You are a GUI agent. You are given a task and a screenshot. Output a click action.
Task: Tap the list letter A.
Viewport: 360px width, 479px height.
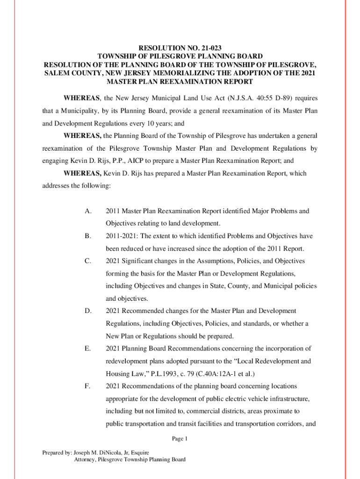(x=88, y=211)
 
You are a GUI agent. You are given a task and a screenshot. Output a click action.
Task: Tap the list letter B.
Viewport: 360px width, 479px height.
(x=88, y=236)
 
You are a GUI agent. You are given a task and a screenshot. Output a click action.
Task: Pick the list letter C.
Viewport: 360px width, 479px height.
(x=88, y=261)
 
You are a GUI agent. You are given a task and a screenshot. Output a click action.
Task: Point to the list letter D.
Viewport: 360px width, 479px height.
(x=88, y=311)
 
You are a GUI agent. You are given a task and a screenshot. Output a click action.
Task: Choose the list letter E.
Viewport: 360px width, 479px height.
(x=88, y=348)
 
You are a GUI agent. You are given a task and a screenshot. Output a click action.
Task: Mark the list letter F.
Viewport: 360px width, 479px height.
(x=88, y=386)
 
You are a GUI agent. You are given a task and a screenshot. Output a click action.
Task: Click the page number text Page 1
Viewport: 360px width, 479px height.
(x=180, y=439)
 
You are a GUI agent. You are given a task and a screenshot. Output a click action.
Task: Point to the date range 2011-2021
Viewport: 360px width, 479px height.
(x=122, y=236)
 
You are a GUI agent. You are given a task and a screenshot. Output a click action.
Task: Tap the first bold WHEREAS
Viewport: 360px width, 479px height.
(x=82, y=98)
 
